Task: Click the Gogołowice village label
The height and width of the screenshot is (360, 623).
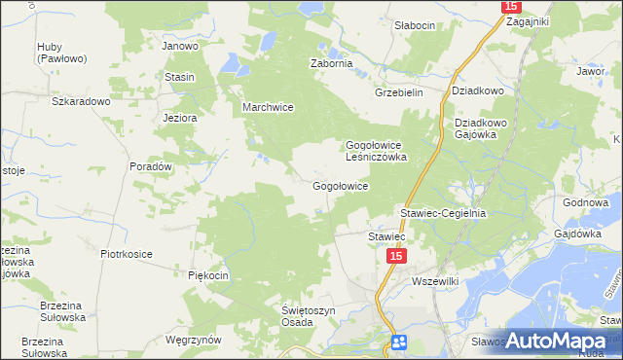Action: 339,186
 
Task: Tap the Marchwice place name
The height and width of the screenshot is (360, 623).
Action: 268,108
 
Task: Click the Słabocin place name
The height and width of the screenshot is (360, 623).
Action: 414,25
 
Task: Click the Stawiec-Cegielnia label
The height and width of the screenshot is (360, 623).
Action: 443,212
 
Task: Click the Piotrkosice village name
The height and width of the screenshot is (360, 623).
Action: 127,254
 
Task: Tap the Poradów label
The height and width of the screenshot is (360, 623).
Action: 151,166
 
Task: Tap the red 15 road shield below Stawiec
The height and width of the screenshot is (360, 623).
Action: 394,255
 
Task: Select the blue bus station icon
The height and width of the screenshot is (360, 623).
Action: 398,342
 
